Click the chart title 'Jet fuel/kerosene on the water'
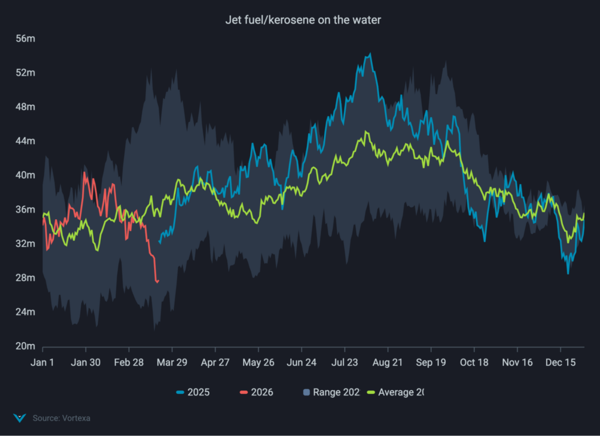[303, 20]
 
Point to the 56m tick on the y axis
[26, 39]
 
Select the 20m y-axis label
[26, 346]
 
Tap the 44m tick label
[26, 141]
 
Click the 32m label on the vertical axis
[26, 243]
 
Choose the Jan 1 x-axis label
[42, 363]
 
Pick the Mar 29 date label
[172, 363]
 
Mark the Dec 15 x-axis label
[561, 363]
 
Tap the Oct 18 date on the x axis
[474, 363]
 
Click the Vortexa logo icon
[20, 418]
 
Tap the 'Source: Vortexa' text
[61, 418]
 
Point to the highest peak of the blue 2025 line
[370, 54]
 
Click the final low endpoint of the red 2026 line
[157, 282]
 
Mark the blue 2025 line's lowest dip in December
[568, 273]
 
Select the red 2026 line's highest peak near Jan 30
[85, 173]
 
